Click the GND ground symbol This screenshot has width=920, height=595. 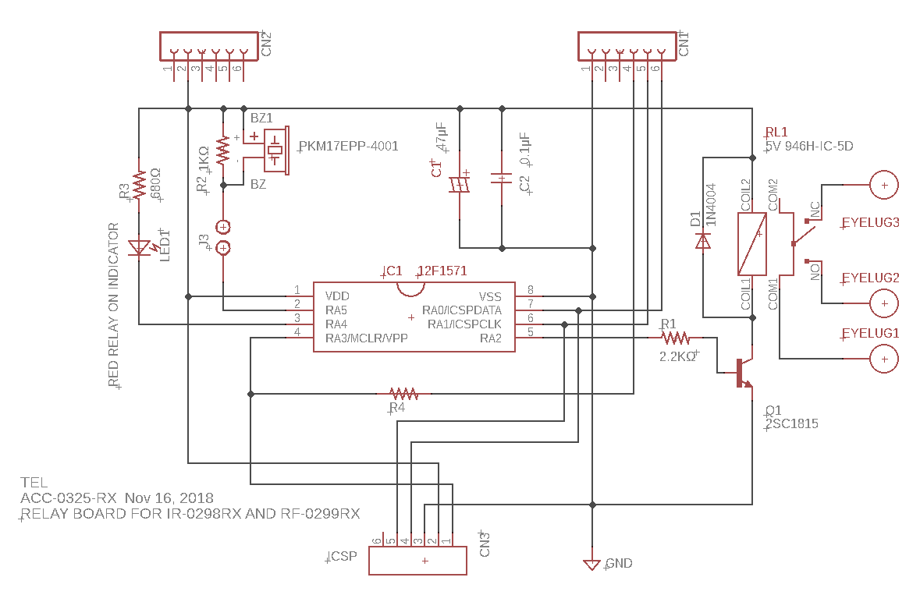tap(592, 565)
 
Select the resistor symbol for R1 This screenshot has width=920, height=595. tap(675, 338)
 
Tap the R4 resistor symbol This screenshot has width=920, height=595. tap(404, 393)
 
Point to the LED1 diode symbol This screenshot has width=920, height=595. tap(140, 248)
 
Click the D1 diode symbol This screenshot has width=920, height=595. tap(702, 241)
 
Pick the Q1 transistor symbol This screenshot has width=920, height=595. tap(743, 373)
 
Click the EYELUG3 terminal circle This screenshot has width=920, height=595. tap(883, 186)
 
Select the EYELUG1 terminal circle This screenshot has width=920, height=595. tap(883, 359)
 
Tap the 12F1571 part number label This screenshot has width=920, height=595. tap(442, 271)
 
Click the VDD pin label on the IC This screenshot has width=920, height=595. tap(337, 296)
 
